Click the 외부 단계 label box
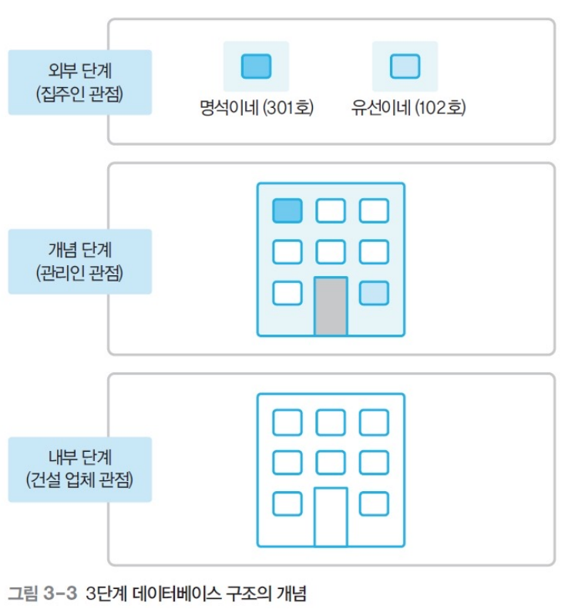80,82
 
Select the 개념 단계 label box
80,261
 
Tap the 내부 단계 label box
80,470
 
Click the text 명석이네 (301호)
256,107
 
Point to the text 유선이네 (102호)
407,107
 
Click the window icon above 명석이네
256,66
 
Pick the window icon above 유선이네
405,66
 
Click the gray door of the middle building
331,306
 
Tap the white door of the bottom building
331,517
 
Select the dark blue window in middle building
288,210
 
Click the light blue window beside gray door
374,293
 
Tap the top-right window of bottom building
374,422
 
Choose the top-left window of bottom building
288,422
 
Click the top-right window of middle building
374,210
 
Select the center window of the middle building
331,251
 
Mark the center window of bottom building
331,462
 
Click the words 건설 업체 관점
80,481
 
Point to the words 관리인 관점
80,273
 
